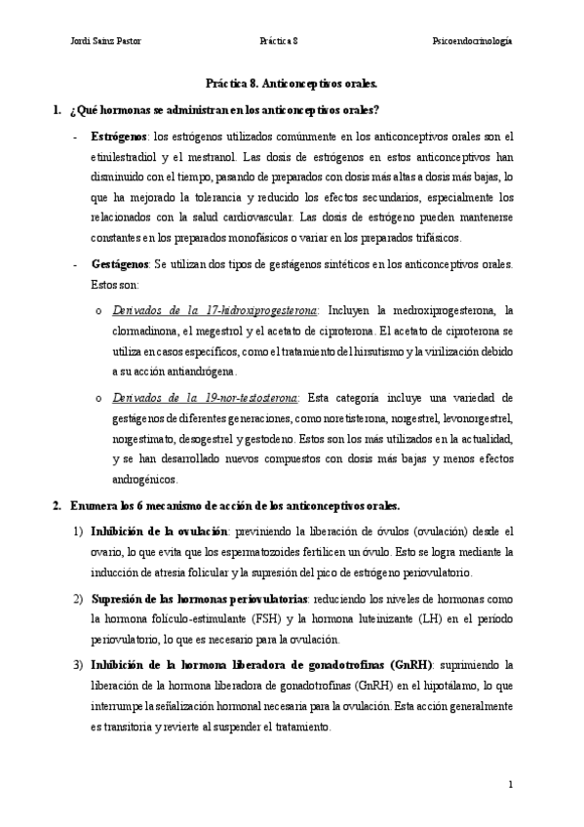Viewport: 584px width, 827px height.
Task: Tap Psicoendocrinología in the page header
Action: click(472, 41)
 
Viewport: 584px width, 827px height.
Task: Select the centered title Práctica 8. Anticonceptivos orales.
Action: click(293, 85)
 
